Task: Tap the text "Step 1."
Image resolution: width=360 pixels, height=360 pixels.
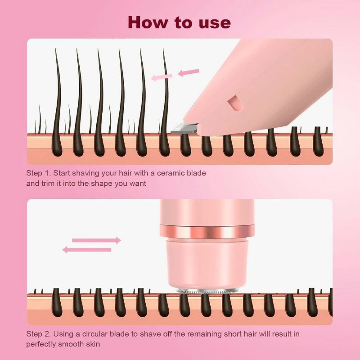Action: [39, 173]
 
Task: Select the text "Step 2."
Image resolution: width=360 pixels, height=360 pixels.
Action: [39, 334]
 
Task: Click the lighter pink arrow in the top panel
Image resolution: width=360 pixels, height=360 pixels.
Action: [162, 77]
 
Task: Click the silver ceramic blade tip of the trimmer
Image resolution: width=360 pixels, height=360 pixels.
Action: [182, 128]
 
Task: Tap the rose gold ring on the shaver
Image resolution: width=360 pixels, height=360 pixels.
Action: [207, 232]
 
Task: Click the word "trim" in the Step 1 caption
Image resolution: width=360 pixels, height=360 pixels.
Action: [48, 183]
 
